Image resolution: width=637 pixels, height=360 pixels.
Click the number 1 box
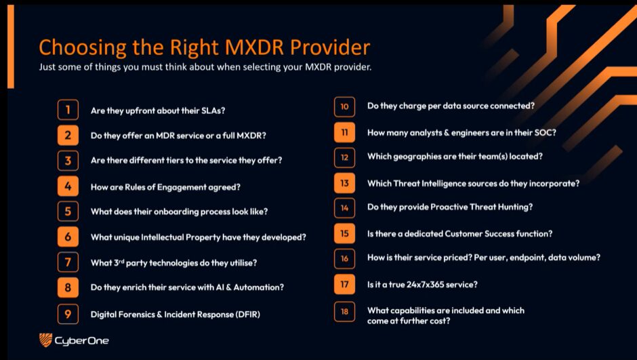[x=68, y=110]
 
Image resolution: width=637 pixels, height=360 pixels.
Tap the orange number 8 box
[x=68, y=287]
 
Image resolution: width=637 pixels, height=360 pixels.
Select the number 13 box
[x=344, y=183]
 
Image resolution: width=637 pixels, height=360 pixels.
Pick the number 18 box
[x=344, y=312]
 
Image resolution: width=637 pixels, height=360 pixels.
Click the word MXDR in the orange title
[x=254, y=47]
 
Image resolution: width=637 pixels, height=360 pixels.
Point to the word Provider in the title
[x=330, y=47]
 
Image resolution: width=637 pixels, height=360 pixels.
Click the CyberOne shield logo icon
[x=45, y=340]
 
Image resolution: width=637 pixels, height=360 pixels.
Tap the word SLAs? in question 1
[x=213, y=111]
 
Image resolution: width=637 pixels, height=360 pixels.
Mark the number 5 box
[x=68, y=212]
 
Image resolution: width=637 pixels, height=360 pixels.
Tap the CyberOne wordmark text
[x=81, y=340]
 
